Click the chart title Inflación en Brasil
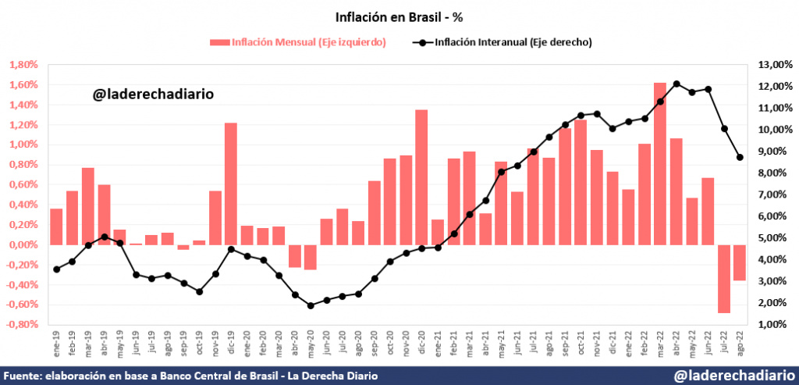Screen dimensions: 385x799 (399, 16)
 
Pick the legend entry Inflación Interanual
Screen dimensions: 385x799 (504, 42)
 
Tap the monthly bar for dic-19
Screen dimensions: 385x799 (231, 184)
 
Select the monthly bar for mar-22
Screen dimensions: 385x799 (660, 163)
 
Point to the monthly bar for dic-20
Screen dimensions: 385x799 (421, 176)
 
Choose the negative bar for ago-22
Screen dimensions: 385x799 (739, 262)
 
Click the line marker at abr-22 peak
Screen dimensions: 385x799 (676, 84)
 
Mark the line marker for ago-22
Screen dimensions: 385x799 (740, 158)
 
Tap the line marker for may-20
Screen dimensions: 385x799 (311, 305)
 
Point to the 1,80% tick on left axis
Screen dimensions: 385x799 (23, 65)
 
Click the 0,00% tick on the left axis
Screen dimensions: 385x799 (23, 245)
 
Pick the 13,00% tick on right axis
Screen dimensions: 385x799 (775, 65)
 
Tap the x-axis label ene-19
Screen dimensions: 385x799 (57, 343)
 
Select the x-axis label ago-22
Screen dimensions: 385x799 (740, 343)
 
